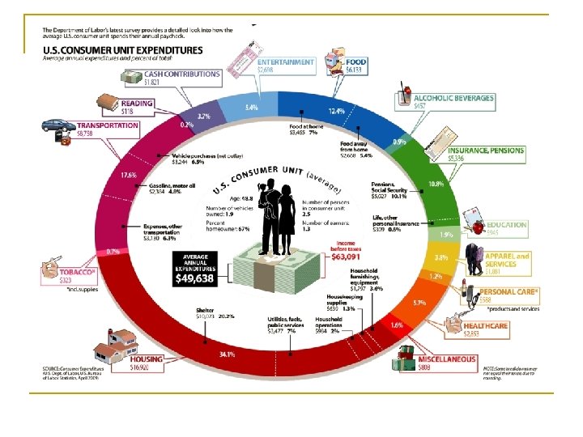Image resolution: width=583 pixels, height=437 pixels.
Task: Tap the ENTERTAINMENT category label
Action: [x=285, y=62]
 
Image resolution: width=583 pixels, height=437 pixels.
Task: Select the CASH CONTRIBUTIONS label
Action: [x=181, y=74]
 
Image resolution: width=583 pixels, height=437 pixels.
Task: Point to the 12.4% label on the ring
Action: [x=337, y=111]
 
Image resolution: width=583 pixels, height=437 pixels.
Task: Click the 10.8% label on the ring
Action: [x=436, y=184]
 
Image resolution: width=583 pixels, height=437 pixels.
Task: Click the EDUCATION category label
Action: [x=506, y=225]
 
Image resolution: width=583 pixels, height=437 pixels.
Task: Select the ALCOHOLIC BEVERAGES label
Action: [x=454, y=98]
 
